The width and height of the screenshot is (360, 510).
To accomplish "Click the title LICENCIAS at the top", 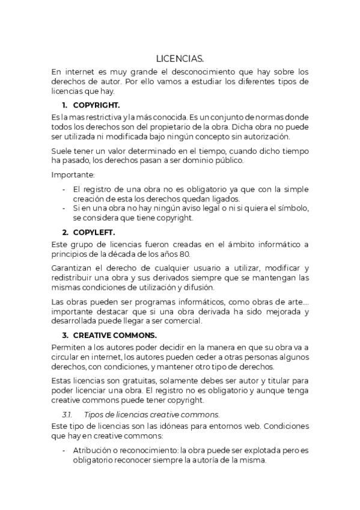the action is [180, 58].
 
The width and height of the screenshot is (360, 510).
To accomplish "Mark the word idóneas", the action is [169, 426].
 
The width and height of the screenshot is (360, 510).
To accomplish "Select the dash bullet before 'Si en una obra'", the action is [64, 208].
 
